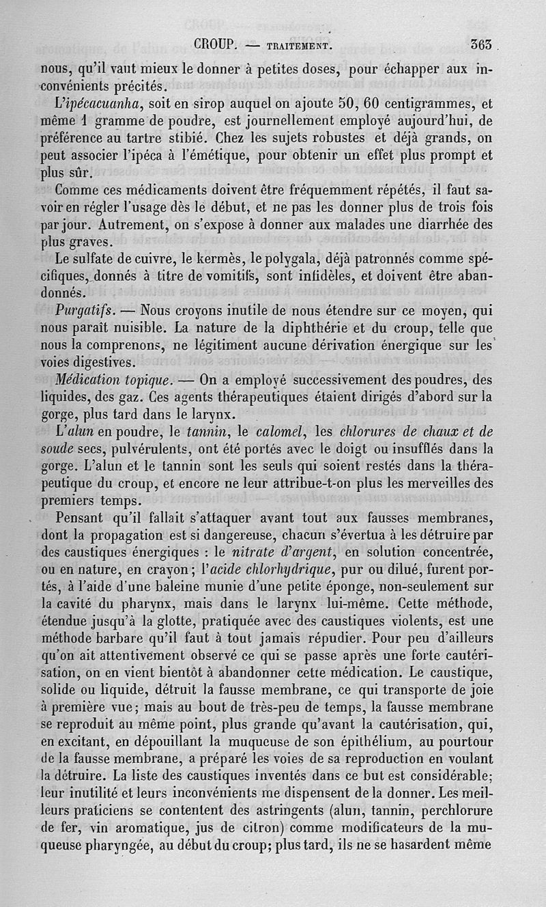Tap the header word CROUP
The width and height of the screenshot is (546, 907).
coord(215,46)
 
